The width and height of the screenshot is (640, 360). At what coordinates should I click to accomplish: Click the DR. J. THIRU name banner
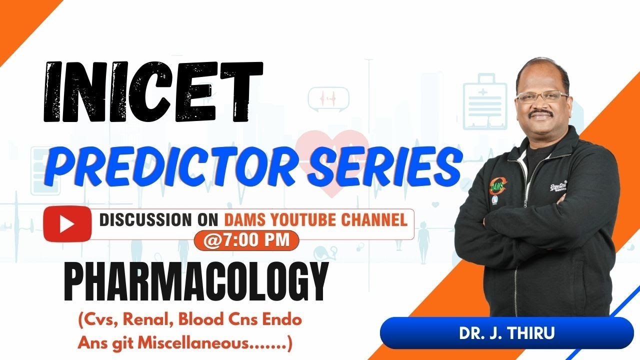[x=506, y=333]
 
